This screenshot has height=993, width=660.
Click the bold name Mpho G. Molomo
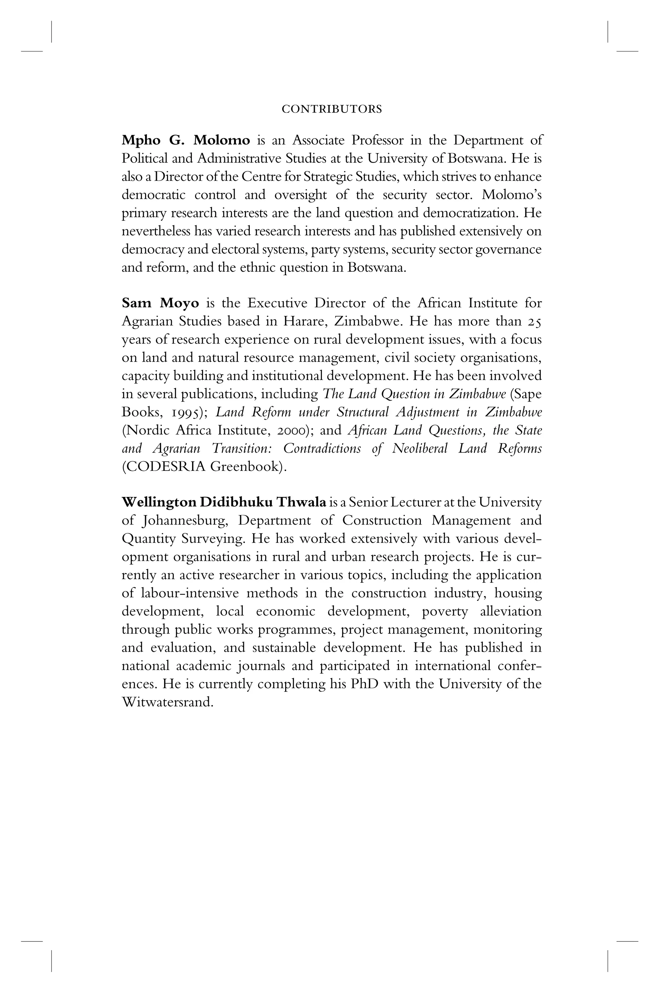coord(186,140)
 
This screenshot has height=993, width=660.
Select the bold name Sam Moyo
coord(160,303)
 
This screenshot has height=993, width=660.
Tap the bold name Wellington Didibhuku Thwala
coord(224,502)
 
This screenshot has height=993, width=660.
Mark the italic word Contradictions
coord(322,449)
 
